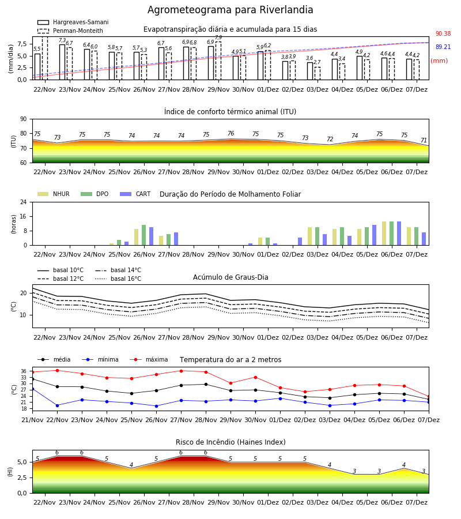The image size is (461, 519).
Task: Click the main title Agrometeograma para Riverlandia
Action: [230, 10]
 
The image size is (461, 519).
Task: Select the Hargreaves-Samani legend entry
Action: [73, 22]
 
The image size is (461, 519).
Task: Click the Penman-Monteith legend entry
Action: [70, 31]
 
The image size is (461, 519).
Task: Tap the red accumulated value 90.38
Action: [443, 34]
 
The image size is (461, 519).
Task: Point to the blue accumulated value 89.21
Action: [443, 47]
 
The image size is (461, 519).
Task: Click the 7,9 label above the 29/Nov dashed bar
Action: [218, 37]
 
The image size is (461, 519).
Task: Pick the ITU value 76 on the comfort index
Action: [231, 133]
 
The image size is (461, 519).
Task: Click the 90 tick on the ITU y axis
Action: [24, 119]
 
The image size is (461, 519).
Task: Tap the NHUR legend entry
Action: [54, 194]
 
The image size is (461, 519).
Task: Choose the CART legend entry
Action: [135, 194]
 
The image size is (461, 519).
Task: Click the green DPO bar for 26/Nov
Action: [144, 235]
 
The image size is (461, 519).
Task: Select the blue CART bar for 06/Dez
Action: [399, 234]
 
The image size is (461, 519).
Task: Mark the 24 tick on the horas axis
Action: [24, 202]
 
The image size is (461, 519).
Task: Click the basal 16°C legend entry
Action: [118, 279]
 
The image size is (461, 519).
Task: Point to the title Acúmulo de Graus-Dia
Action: [231, 277]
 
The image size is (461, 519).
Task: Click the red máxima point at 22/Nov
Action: [57, 370]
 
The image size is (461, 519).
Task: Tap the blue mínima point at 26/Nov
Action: [156, 406]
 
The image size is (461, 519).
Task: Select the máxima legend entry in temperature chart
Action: [149, 359]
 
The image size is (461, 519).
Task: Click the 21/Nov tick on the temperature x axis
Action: [32, 420]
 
